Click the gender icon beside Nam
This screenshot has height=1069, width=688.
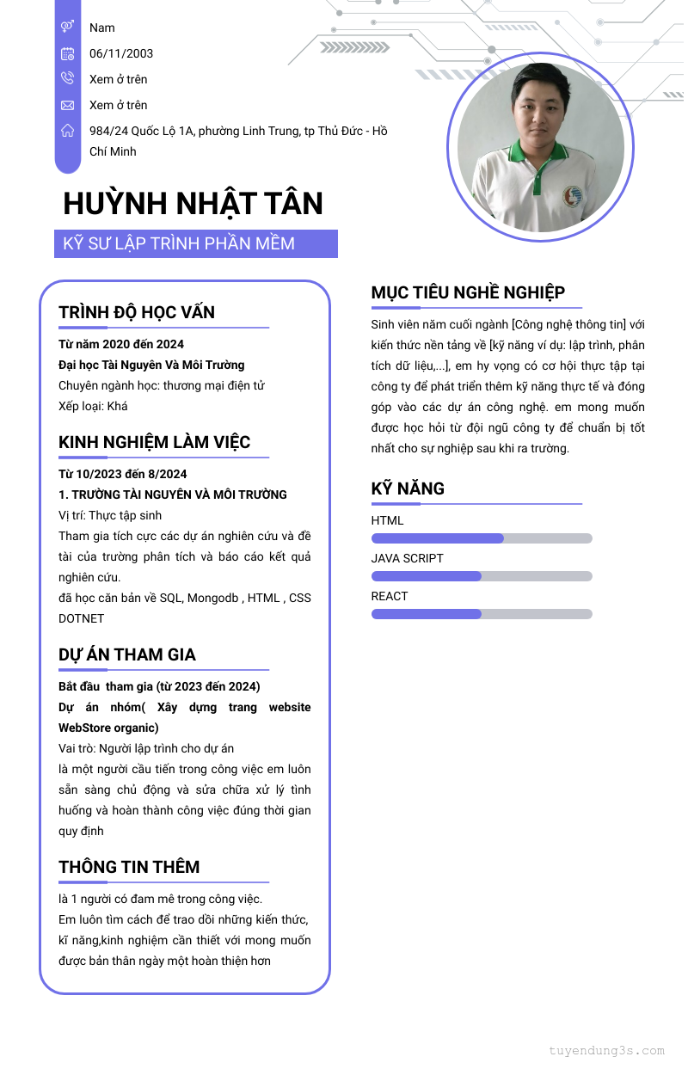(67, 28)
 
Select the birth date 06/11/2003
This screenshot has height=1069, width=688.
(121, 53)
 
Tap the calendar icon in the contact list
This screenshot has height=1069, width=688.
(67, 53)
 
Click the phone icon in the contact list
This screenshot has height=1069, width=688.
(67, 79)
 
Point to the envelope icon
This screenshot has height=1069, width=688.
(67, 105)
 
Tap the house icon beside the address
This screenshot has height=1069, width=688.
(67, 131)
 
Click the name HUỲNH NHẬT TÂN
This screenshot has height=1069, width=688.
(193, 204)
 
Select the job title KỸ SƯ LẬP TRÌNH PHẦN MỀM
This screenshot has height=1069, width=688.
(179, 243)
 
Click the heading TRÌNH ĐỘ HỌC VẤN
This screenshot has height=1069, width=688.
(137, 312)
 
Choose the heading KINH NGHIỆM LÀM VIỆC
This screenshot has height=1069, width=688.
(155, 442)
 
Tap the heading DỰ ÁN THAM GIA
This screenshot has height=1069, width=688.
(127, 654)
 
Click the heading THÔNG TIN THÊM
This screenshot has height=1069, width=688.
(129, 867)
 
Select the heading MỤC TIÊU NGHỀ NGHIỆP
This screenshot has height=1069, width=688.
(468, 292)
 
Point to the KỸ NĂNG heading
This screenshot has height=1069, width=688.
(408, 488)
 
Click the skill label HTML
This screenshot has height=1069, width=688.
(387, 520)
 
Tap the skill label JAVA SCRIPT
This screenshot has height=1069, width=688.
(408, 558)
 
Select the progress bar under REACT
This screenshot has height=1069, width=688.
(482, 614)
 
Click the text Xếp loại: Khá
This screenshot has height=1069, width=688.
(93, 406)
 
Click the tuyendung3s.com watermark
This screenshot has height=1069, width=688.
(606, 1050)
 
